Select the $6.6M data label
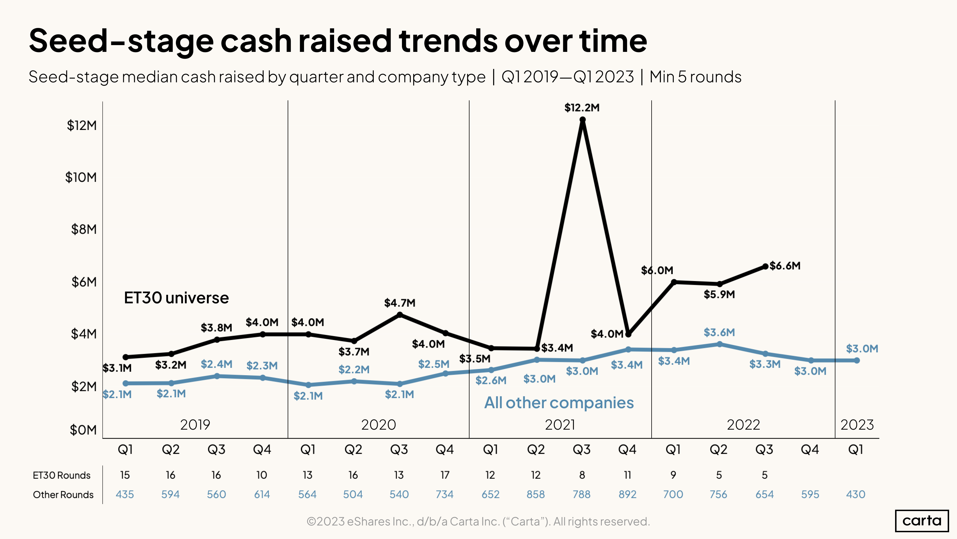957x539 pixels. [785, 266]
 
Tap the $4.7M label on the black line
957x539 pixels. [399, 303]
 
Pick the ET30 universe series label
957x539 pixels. [176, 298]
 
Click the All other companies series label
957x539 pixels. [559, 403]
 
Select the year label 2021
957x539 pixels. [560, 425]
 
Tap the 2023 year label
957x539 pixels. [857, 425]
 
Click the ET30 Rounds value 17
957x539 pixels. [445, 475]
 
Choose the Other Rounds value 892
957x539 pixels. [627, 494]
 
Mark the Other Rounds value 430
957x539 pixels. [856, 494]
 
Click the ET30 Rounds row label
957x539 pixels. [62, 475]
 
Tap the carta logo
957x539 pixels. [922, 520]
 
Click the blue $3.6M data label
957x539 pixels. [719, 332]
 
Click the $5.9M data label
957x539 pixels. [719, 294]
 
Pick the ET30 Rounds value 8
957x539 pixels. [582, 475]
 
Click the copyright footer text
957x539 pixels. [478, 521]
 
